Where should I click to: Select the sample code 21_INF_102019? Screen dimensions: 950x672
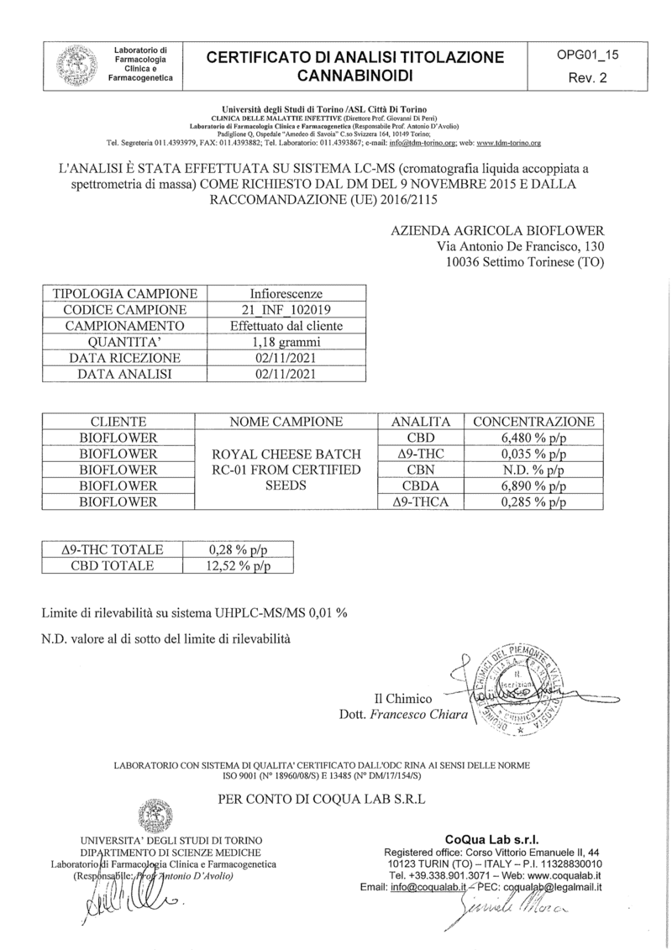click(286, 309)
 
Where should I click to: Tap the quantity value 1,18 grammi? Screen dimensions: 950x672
click(286, 342)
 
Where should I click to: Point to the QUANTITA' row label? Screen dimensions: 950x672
click(125, 342)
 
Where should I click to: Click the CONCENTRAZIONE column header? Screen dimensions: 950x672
click(533, 422)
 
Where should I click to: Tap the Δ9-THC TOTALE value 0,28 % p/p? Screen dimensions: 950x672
click(239, 549)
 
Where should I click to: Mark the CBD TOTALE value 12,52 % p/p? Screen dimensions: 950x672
click(239, 565)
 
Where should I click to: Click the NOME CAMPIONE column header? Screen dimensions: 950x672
click(286, 422)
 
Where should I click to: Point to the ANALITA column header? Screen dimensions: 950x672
click(420, 422)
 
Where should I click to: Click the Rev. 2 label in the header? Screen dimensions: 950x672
click(588, 77)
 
